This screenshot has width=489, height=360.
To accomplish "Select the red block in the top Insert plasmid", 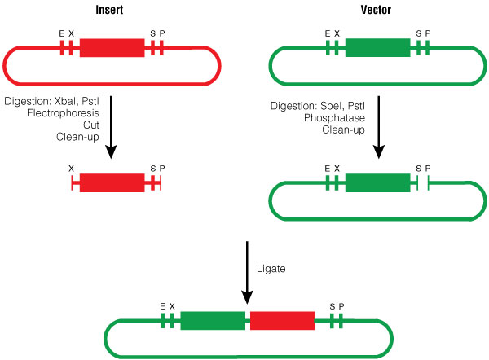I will click(112, 48).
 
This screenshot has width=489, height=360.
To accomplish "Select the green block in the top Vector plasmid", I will click(377, 48).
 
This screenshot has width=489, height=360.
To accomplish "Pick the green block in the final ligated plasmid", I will click(213, 320).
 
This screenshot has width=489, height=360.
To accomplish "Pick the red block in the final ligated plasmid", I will click(282, 320).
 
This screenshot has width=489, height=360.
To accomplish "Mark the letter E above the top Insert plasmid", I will click(61, 33).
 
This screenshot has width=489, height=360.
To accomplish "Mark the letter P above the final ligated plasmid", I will click(342, 305).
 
